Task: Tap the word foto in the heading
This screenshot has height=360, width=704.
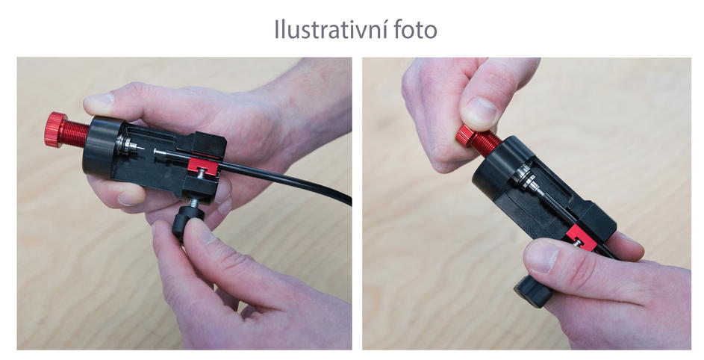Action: point(416,30)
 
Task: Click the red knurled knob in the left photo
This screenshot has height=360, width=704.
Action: point(54,129)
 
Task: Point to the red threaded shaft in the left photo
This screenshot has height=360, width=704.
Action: point(75,134)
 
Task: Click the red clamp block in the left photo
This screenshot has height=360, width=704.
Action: point(202,165)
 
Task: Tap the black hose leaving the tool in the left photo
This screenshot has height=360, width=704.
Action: point(287,179)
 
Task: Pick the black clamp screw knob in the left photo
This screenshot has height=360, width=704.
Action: point(187,221)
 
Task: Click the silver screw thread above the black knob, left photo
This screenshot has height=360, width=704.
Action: point(193,203)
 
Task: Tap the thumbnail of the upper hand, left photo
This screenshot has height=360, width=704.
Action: point(98,103)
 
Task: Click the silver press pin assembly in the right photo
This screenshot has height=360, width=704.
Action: point(531,181)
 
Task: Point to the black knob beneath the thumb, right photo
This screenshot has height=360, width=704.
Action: point(533,291)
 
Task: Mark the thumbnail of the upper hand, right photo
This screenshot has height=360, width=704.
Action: point(482,113)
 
